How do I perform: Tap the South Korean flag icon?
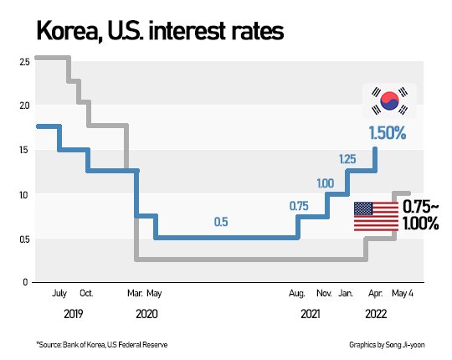388,101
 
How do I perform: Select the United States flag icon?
374,216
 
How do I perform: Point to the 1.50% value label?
388,133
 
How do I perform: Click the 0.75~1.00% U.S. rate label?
420,214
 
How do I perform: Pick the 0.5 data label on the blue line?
221,222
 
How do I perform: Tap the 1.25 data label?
347,158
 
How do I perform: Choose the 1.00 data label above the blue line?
325,183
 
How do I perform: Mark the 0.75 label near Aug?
299,206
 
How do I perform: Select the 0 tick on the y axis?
25,283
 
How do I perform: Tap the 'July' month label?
59,294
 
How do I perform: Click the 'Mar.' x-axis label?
134,294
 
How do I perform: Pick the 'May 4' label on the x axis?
403,294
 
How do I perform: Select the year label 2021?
309,314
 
